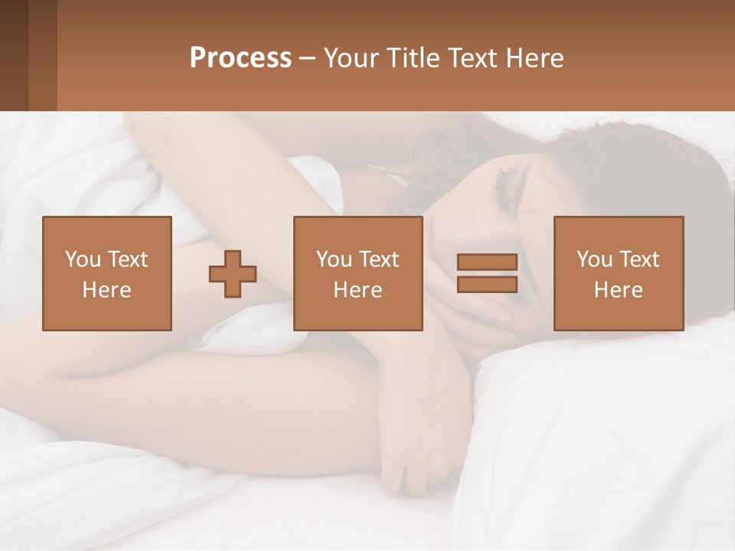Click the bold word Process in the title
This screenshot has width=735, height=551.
click(240, 58)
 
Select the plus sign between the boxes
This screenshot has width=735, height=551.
click(233, 274)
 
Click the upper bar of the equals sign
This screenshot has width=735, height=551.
click(487, 262)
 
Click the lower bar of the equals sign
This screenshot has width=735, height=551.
click(487, 285)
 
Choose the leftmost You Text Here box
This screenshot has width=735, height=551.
click(107, 274)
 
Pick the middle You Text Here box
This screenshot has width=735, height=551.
click(358, 274)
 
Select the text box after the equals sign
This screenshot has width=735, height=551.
click(619, 274)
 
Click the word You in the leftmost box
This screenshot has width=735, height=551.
click(81, 259)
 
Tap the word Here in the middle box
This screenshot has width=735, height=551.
click(358, 290)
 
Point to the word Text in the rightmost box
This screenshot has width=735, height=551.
click(639, 259)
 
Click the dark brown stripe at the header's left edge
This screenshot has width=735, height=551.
click(14, 56)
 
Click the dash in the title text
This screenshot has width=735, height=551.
click(307, 58)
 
